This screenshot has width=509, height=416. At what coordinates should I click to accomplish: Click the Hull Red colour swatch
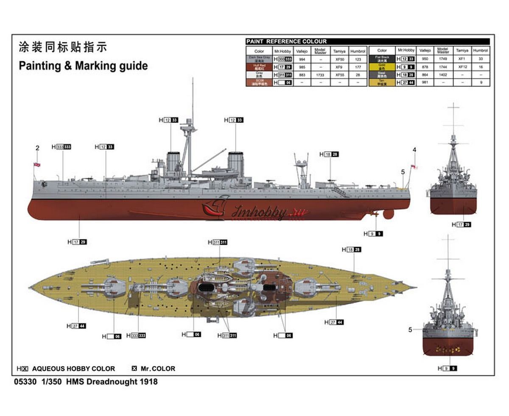[x=259, y=67]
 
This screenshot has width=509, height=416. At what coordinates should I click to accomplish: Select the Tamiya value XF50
[x=339, y=60]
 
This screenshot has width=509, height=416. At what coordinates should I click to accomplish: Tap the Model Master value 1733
[x=320, y=75]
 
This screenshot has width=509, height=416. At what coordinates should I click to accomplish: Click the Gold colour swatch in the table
[x=382, y=67]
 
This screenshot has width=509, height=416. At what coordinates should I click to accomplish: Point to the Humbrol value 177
[x=358, y=67]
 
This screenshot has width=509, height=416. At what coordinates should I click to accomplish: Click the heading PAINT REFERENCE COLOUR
[x=286, y=42]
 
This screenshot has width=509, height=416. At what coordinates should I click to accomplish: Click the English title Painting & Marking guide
[x=83, y=66]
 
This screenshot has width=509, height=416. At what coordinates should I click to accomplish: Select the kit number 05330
[x=24, y=382]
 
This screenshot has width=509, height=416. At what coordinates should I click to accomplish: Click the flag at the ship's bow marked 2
[x=37, y=164]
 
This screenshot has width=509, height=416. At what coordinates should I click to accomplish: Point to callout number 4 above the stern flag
[x=414, y=150]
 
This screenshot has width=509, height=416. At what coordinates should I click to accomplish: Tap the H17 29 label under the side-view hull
[x=77, y=242]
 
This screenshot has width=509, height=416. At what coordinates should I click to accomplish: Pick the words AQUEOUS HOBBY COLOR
[x=73, y=369]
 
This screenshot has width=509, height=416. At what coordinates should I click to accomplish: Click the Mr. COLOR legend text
[x=158, y=369]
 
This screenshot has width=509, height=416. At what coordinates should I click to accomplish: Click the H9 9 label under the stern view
[x=450, y=369]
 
